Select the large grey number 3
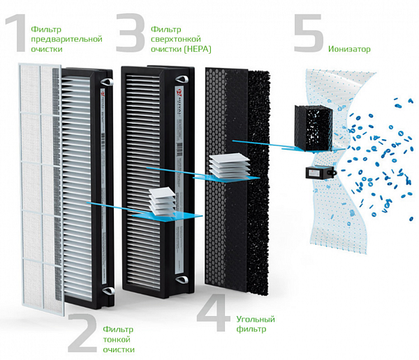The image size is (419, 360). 130,35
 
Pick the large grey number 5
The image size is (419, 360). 308,35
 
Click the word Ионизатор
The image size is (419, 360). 349,49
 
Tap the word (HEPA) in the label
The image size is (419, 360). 198,49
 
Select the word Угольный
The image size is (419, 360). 255,319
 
